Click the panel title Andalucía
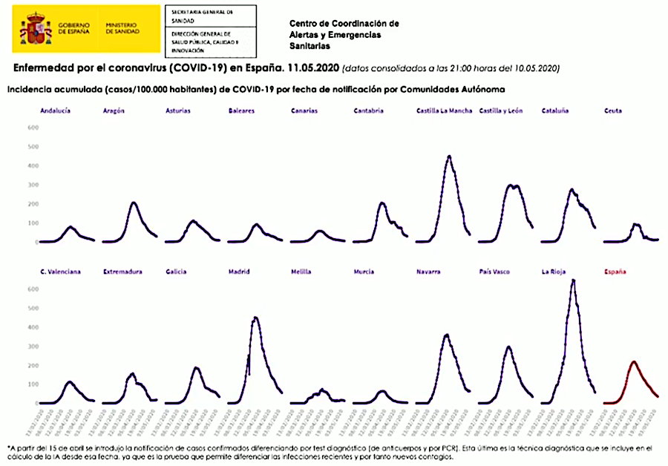(56, 111)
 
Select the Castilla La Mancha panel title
(444, 111)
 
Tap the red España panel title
(615, 272)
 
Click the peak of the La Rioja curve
(572, 280)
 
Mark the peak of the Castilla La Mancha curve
(449, 157)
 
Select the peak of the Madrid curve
(255, 318)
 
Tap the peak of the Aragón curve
(134, 203)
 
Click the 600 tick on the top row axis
(33, 128)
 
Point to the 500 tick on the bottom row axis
(33, 327)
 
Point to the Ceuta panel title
(613, 111)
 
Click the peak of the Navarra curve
(446, 335)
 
